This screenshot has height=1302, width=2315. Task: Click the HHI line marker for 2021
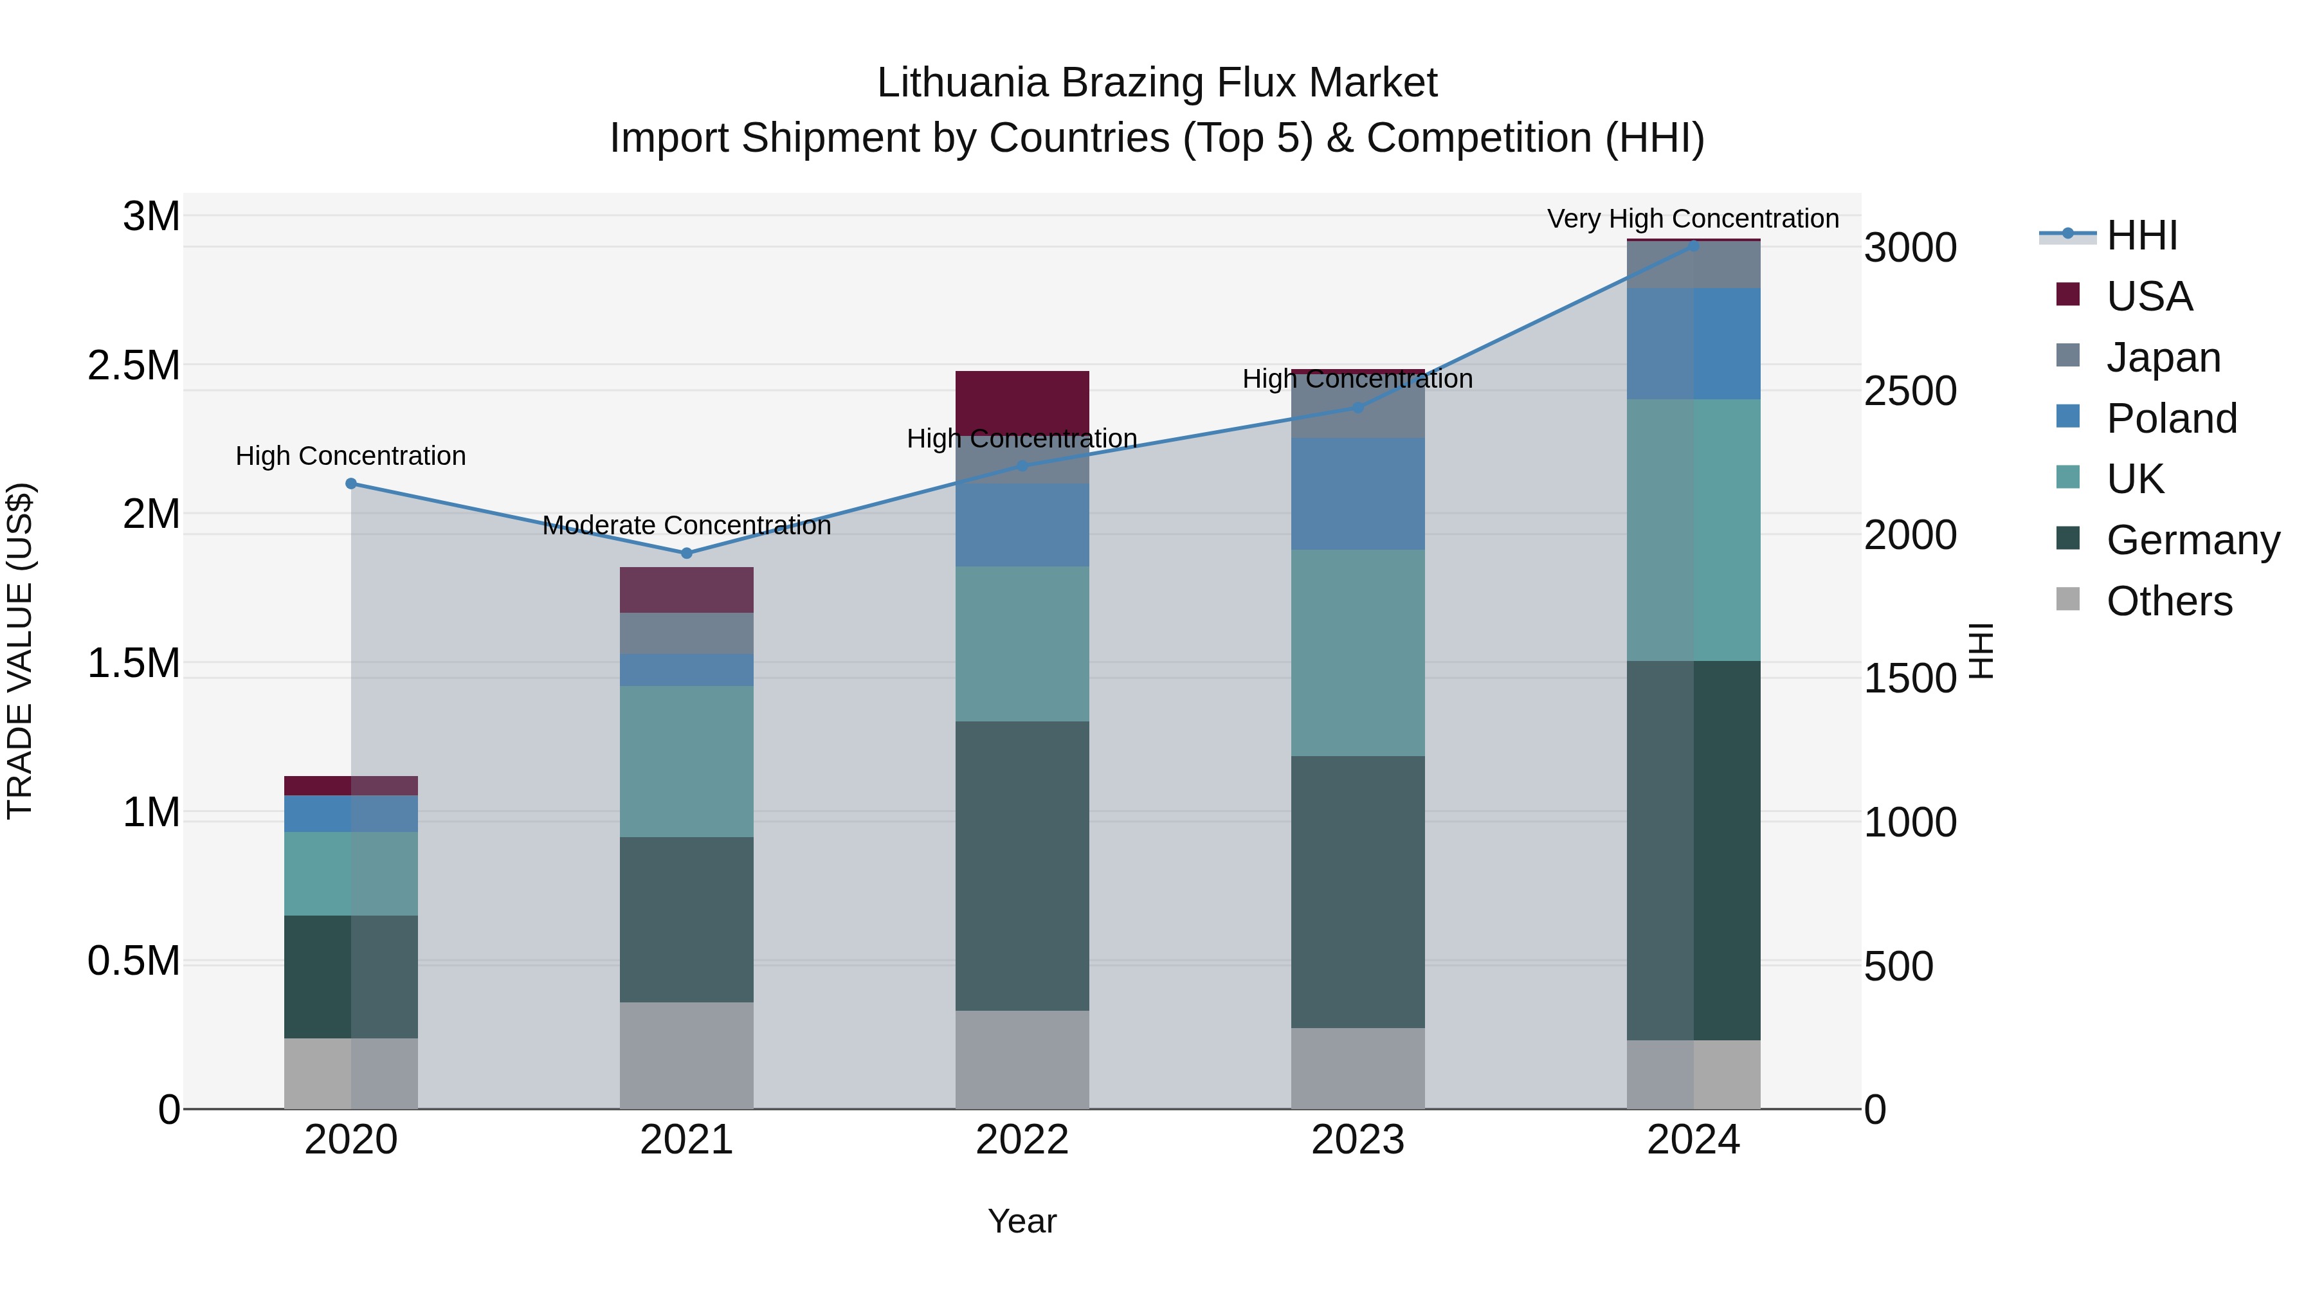tap(687, 552)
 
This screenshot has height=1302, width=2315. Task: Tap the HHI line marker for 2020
tap(351, 484)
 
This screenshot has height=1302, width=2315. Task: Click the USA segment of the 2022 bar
tap(1022, 402)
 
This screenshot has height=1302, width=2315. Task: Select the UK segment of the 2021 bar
tap(687, 761)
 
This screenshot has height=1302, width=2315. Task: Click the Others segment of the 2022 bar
tap(1022, 1060)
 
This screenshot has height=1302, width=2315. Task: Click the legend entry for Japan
tap(2162, 357)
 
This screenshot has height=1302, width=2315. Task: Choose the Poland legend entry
tap(2170, 418)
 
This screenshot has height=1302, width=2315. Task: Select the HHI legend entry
tap(2141, 235)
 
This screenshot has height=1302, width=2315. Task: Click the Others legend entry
tap(2168, 601)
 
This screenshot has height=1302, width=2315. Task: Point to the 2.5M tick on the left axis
tap(134, 365)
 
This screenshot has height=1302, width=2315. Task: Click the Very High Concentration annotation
tap(1693, 219)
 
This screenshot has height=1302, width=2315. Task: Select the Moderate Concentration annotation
tap(687, 525)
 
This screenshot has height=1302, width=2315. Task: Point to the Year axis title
tap(1022, 1221)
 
